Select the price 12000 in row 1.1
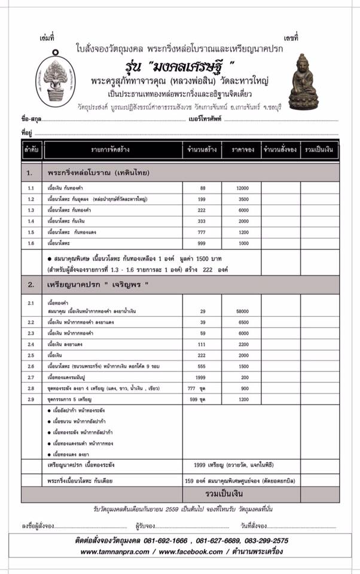[x=242, y=188]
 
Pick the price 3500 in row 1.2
[x=242, y=199]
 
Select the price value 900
[x=243, y=388]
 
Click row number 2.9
[x=32, y=399]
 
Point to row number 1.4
[x=32, y=221]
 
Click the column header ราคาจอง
[x=242, y=149]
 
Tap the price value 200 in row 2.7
[x=243, y=377]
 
